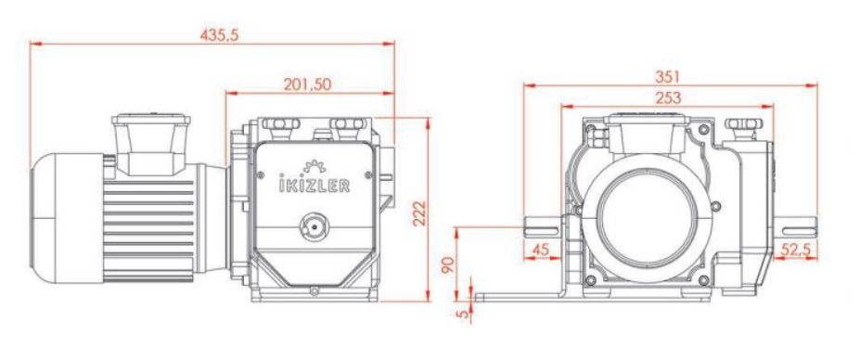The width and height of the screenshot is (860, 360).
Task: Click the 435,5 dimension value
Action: (x=219, y=35)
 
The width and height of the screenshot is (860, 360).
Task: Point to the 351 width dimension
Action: (x=668, y=77)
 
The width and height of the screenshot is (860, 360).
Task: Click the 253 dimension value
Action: (x=668, y=97)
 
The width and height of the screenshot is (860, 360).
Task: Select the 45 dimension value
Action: (x=541, y=250)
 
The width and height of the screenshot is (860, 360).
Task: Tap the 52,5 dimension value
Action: (x=796, y=250)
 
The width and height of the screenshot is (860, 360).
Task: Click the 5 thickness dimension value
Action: (x=465, y=315)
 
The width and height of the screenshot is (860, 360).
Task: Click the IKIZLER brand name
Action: (x=312, y=185)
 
